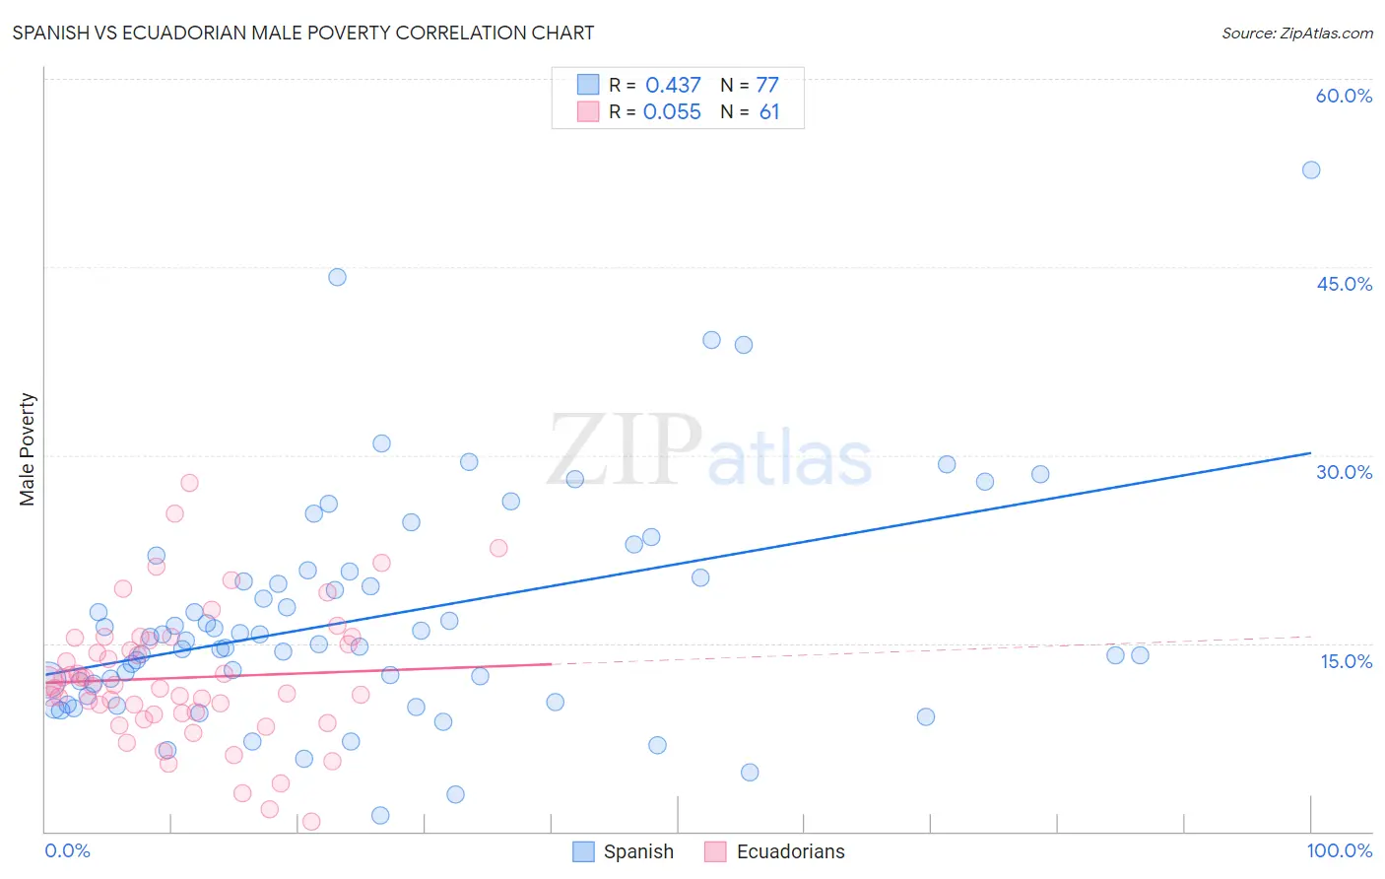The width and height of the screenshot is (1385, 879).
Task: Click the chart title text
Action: coord(303,33)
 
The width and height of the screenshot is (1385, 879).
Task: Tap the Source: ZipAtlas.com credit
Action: coord(1296,33)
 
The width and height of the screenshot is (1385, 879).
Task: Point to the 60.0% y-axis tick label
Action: coord(1344,96)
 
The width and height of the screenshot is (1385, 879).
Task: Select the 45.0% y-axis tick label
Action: coord(1344,284)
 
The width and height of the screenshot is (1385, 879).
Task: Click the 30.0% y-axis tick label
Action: coord(1344,472)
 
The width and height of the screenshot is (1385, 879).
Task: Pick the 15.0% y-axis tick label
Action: coord(1346,661)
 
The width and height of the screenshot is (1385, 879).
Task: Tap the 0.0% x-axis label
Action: coord(67,850)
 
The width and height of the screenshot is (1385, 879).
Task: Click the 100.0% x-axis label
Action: coord(1339,850)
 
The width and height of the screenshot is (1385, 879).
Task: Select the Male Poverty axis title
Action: coord(28,449)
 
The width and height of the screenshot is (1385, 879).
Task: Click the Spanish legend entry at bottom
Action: coord(625,851)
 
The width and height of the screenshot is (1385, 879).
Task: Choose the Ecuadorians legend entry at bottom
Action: coord(775,851)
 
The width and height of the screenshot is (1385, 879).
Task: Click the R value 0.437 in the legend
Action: coord(673,85)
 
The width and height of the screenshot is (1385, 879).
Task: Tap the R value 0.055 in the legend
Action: coord(672,112)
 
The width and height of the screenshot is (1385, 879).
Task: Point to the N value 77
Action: coord(767,85)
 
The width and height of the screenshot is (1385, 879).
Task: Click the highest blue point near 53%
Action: coord(1311,169)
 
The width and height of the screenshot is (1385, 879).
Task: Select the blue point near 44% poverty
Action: coord(337,277)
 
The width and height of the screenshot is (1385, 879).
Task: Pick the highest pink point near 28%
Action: coord(189,483)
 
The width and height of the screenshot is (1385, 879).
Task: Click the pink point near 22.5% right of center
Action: coord(498,548)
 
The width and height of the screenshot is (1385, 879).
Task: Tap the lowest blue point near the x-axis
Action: coord(380,815)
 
